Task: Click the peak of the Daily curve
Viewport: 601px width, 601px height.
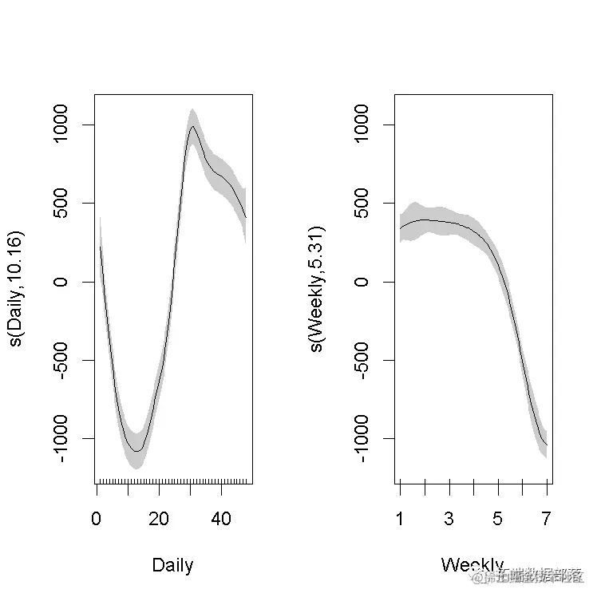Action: point(192,127)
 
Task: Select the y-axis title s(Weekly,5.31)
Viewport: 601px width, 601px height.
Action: point(317,289)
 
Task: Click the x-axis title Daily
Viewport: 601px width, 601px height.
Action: point(172,566)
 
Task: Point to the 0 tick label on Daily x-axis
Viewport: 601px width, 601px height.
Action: point(97,519)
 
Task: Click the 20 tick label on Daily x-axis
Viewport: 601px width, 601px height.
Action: point(159,519)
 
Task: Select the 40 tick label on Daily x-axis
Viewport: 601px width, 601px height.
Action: point(221,519)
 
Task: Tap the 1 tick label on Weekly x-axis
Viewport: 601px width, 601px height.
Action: point(400,519)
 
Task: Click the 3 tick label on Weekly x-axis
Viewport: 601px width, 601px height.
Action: point(449,519)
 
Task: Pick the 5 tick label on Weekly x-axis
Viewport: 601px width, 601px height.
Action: point(498,519)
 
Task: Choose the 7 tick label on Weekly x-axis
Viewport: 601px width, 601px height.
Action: point(548,519)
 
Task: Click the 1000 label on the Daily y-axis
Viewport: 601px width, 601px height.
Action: point(61,125)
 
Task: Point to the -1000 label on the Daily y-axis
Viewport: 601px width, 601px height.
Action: point(61,438)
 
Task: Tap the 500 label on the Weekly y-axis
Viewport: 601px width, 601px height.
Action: point(362,204)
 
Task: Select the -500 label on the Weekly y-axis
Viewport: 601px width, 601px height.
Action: point(362,360)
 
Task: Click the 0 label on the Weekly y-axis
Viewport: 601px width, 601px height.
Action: point(362,282)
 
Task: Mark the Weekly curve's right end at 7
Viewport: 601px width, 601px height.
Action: point(547,445)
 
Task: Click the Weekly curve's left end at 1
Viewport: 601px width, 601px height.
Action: point(400,229)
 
